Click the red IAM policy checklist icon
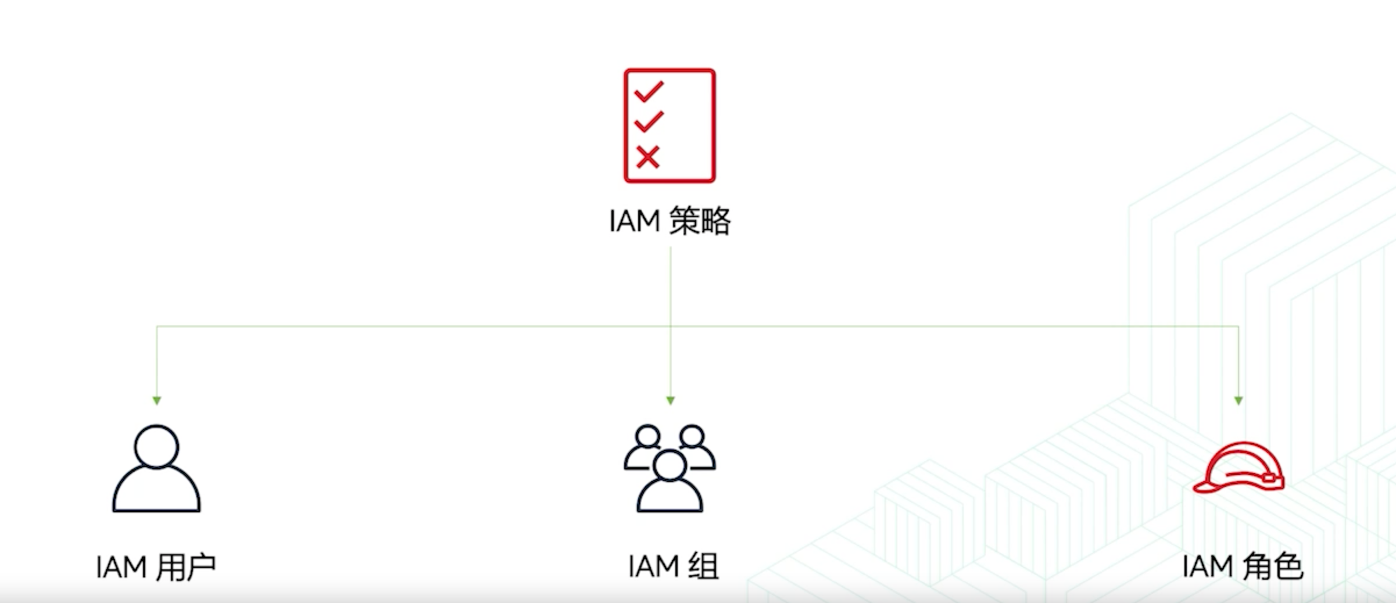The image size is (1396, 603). click(x=670, y=125)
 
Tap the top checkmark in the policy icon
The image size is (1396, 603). click(x=649, y=92)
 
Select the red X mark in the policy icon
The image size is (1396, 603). click(x=647, y=157)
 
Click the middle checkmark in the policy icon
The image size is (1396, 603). click(x=649, y=121)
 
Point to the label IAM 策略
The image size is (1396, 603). click(x=670, y=221)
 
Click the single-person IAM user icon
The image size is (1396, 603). click(x=156, y=468)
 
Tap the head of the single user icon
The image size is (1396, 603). click(x=156, y=446)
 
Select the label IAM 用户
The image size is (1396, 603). click(x=156, y=567)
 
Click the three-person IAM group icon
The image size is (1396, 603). click(x=670, y=468)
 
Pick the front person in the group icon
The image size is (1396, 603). click(x=670, y=482)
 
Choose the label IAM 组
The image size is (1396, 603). click(x=673, y=566)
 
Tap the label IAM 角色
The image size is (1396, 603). click(x=1243, y=566)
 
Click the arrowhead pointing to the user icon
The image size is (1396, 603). click(x=156, y=400)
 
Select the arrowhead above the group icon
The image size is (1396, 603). click(x=670, y=400)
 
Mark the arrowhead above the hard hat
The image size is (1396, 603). click(x=1238, y=400)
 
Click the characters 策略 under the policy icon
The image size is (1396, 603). click(x=700, y=221)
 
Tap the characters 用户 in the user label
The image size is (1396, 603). click(x=186, y=567)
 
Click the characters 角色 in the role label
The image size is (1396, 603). click(x=1273, y=566)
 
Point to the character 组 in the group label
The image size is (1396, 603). click(x=704, y=566)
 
